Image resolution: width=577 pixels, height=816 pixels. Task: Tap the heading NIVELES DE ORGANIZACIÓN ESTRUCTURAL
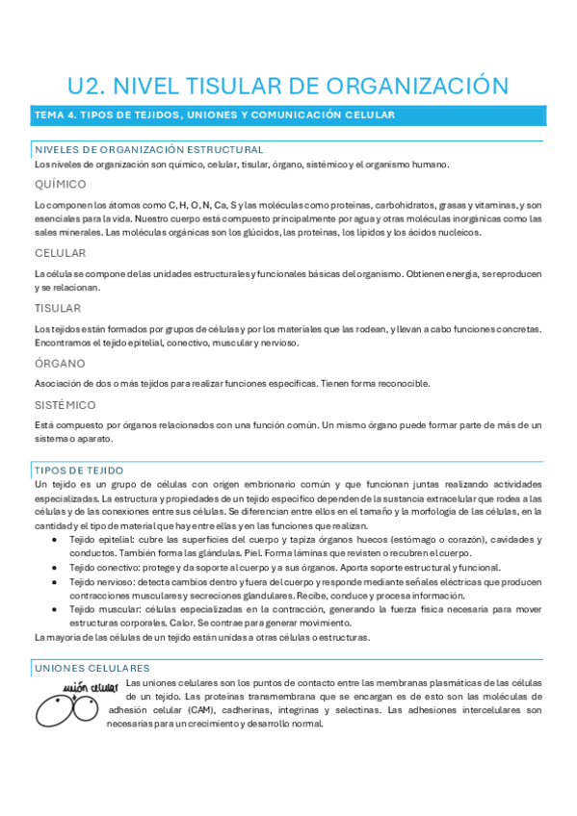148,150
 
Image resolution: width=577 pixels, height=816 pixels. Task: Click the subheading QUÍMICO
60,184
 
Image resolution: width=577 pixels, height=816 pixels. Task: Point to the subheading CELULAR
60,253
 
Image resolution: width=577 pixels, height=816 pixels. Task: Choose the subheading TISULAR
58,308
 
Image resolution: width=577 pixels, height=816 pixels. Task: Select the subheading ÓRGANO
59,364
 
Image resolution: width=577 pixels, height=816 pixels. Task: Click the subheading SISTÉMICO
65,405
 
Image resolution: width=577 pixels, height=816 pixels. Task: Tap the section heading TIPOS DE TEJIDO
78,470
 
